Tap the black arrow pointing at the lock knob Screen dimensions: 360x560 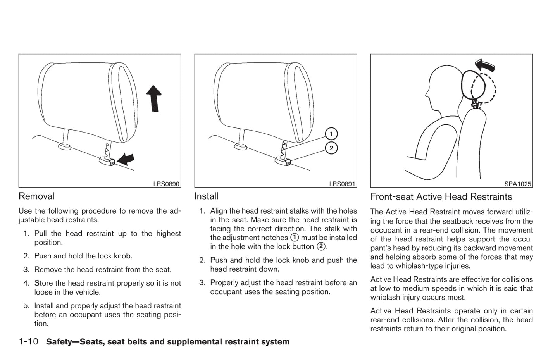(126, 158)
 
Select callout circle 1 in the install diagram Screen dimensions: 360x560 (331, 134)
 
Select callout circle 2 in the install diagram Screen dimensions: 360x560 (331, 148)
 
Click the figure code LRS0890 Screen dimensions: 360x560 (166, 184)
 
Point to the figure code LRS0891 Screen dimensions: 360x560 (342, 184)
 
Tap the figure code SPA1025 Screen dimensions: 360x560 (518, 184)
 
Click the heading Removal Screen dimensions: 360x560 (36, 196)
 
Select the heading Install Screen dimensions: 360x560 (206, 196)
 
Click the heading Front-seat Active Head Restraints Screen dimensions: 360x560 (441, 196)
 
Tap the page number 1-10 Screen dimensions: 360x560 (28, 342)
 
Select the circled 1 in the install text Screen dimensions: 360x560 (295, 238)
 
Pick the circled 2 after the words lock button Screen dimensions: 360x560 (320, 246)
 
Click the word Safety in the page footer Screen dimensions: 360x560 (58, 342)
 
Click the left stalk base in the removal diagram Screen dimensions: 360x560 (65, 146)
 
